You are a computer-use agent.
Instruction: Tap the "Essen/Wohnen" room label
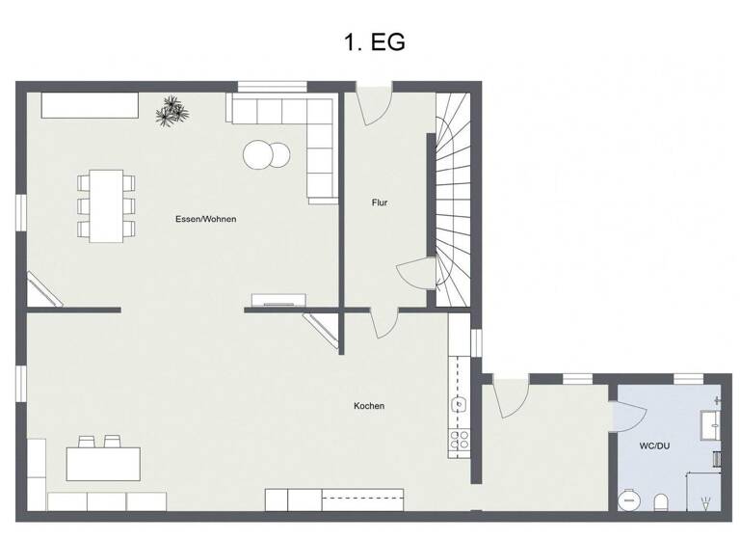(205, 219)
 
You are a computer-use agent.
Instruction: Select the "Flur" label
(380, 202)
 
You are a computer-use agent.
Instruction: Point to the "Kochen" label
(369, 406)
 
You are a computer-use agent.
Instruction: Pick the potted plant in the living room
(173, 111)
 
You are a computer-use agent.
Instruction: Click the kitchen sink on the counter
(460, 404)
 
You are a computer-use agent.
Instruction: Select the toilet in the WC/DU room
(661, 501)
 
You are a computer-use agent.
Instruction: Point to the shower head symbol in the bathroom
(708, 502)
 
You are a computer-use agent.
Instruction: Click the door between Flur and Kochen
(383, 322)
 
